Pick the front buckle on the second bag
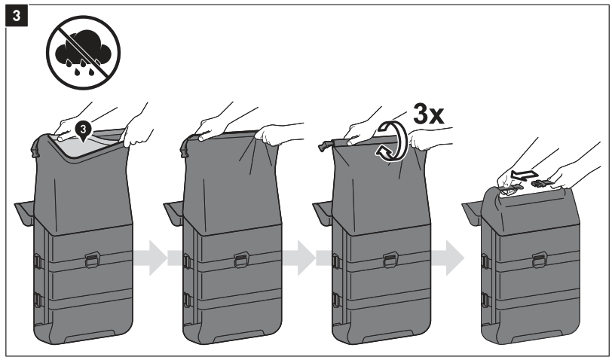[x=241, y=260]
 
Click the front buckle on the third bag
[x=390, y=260]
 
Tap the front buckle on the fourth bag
[x=540, y=260]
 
